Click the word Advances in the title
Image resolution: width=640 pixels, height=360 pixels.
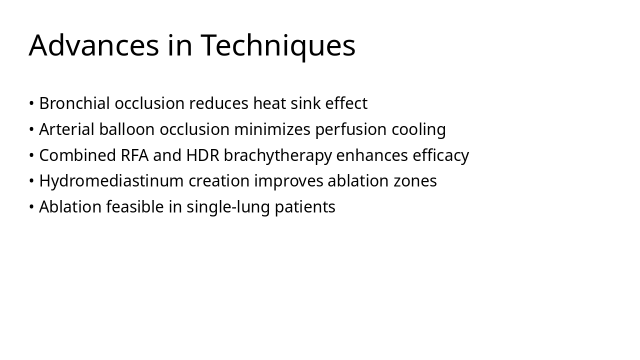[93, 45]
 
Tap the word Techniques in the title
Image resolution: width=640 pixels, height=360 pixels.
[278, 45]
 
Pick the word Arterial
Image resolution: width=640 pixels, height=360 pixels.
[66, 129]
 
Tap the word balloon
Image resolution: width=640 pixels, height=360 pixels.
[127, 129]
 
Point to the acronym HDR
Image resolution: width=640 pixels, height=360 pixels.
[202, 155]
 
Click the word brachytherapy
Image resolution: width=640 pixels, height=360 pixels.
[277, 155]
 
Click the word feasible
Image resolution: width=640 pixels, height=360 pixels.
[135, 207]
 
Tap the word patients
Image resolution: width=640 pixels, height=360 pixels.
[305, 207]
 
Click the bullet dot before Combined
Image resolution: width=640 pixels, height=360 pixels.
[31, 155]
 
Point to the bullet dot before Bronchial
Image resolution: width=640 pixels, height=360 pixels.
[31, 103]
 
